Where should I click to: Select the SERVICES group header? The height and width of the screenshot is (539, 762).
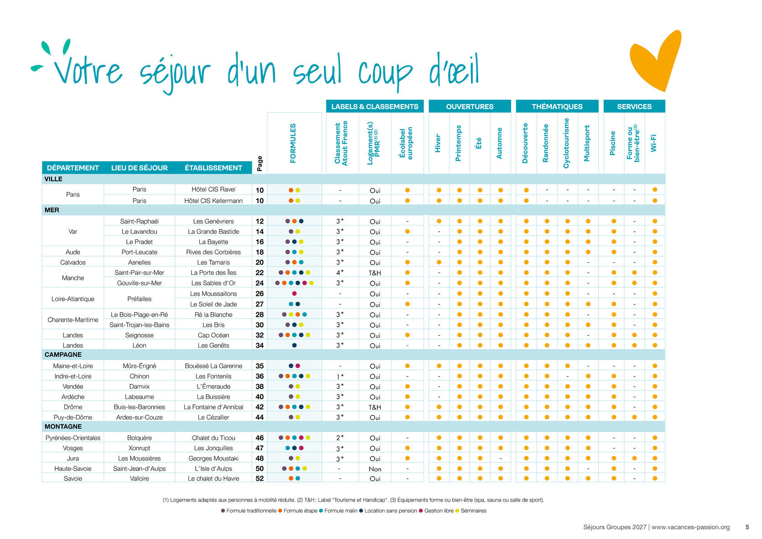click(634, 106)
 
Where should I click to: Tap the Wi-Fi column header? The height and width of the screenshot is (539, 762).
click(653, 143)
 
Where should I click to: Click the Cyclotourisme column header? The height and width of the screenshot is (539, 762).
click(566, 143)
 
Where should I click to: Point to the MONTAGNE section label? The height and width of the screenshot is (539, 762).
click(63, 426)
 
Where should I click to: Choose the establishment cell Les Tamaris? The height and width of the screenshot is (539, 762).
click(213, 262)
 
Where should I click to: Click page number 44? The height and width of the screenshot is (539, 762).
click(260, 417)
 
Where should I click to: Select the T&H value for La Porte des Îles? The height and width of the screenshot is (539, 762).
click(375, 273)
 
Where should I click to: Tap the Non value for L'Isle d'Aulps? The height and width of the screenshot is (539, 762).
click(375, 469)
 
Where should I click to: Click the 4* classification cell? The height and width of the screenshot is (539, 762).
click(340, 272)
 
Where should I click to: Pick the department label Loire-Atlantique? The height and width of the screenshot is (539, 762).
click(73, 299)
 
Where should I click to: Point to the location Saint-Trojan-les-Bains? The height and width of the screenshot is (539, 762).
click(140, 325)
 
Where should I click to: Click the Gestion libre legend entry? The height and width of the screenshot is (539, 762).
click(436, 511)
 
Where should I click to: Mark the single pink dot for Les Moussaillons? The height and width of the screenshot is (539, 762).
click(294, 293)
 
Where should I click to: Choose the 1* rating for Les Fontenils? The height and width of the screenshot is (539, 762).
click(340, 377)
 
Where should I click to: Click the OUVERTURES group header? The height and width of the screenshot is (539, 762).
click(470, 106)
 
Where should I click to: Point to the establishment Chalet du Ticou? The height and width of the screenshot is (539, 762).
click(213, 438)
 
